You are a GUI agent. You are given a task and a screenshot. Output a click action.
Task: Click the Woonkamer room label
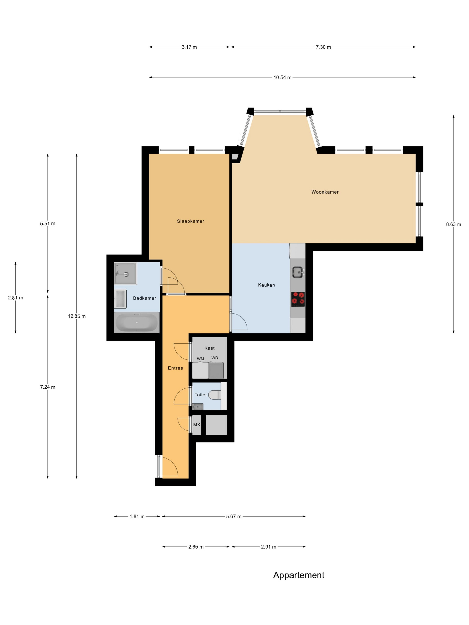tap(325, 192)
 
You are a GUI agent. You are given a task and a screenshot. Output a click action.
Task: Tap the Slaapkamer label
tap(191, 221)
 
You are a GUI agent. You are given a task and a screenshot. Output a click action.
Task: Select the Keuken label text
tap(266, 285)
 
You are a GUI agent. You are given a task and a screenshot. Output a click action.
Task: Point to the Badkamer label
tap(144, 298)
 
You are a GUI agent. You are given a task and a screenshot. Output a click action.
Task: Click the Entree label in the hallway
tap(175, 368)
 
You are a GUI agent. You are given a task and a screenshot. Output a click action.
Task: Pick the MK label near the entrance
tap(197, 425)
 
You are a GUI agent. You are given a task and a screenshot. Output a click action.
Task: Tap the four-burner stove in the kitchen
tap(298, 299)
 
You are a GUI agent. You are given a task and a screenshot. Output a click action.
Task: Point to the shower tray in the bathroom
tap(125, 273)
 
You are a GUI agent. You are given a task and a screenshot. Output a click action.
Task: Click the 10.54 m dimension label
tap(283, 77)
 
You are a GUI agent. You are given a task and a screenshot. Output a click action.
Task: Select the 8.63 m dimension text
tap(453, 224)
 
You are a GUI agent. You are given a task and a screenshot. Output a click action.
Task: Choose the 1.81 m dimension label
tap(137, 517)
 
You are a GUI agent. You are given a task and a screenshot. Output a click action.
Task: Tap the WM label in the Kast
tap(200, 359)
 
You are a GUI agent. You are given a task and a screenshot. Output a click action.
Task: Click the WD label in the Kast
tap(215, 358)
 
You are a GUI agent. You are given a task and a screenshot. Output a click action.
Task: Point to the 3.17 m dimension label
tap(189, 47)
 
